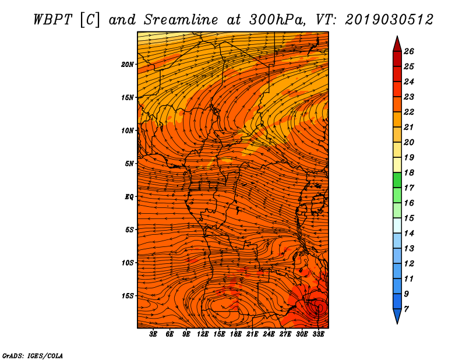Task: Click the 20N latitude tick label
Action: (127, 65)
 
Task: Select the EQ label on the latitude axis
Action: (129, 197)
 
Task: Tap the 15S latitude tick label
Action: (128, 296)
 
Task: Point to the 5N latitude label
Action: (129, 164)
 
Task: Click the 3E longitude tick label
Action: (153, 334)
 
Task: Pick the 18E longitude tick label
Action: (236, 334)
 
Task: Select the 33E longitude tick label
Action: (318, 334)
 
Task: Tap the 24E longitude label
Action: (269, 334)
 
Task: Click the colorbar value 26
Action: (409, 51)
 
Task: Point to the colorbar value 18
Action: (409, 172)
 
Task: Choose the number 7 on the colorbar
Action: (406, 309)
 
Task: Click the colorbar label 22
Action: (409, 112)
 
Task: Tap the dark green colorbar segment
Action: (397, 180)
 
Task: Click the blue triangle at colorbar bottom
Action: (397, 315)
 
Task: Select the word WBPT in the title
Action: (53, 20)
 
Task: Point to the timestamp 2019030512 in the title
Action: (389, 20)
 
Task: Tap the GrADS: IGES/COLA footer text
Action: (33, 356)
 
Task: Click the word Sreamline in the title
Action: (181, 20)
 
